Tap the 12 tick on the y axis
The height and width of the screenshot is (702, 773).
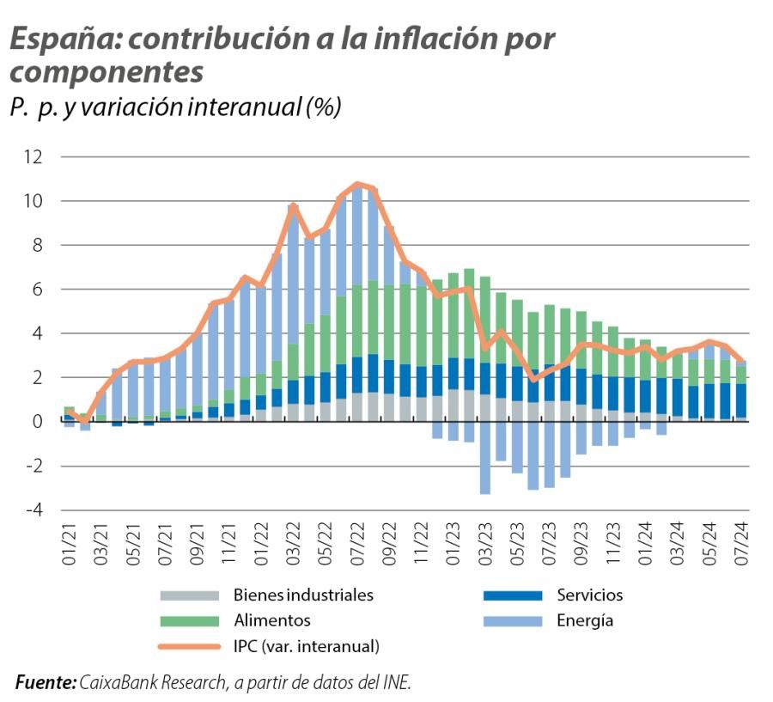click(x=33, y=157)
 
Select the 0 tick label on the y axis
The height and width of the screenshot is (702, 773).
click(x=37, y=422)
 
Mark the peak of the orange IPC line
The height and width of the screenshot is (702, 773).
click(x=357, y=184)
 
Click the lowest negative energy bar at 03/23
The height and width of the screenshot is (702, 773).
click(x=485, y=491)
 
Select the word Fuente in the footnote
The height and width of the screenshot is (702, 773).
click(x=46, y=682)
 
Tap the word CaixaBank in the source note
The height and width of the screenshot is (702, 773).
click(x=119, y=682)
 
